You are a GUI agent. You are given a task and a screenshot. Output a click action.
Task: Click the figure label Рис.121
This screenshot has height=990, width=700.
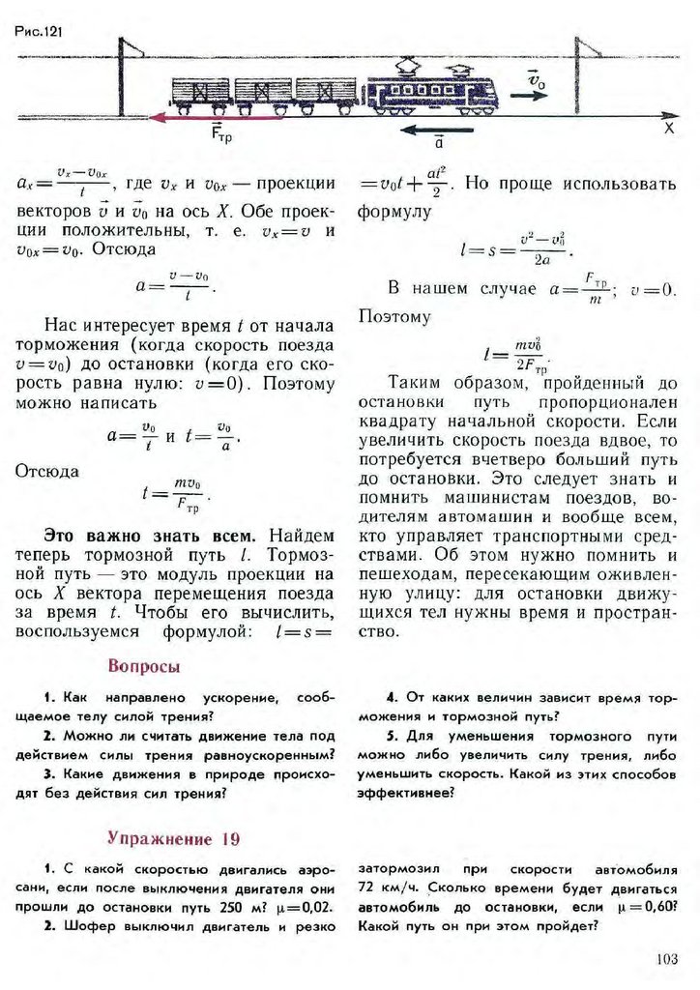coord(39,31)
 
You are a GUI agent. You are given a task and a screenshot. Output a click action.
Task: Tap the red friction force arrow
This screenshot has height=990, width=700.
coord(222,117)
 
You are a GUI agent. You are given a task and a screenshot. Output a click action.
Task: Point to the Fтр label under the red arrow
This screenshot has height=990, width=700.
coord(221,136)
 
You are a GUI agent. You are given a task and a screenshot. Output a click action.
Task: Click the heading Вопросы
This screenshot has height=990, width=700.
coord(144,666)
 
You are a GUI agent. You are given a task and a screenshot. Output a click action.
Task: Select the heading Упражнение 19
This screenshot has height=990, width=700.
coord(173,836)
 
